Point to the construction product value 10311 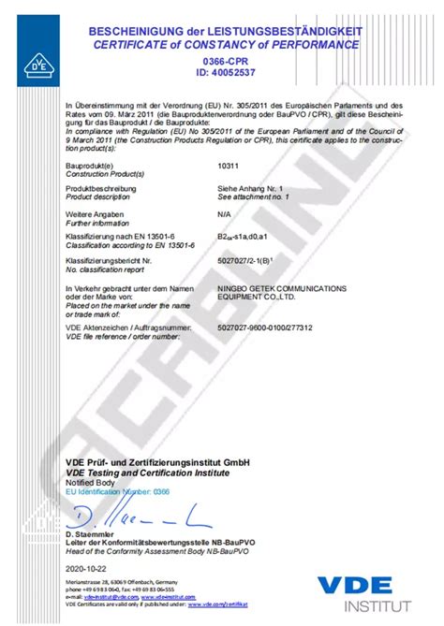click(228, 164)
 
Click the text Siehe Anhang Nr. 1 click(250, 188)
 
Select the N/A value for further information click(224, 213)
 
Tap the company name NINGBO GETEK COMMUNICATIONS click(281, 288)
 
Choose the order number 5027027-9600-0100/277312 click(264, 328)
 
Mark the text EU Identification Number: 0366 click(118, 490)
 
